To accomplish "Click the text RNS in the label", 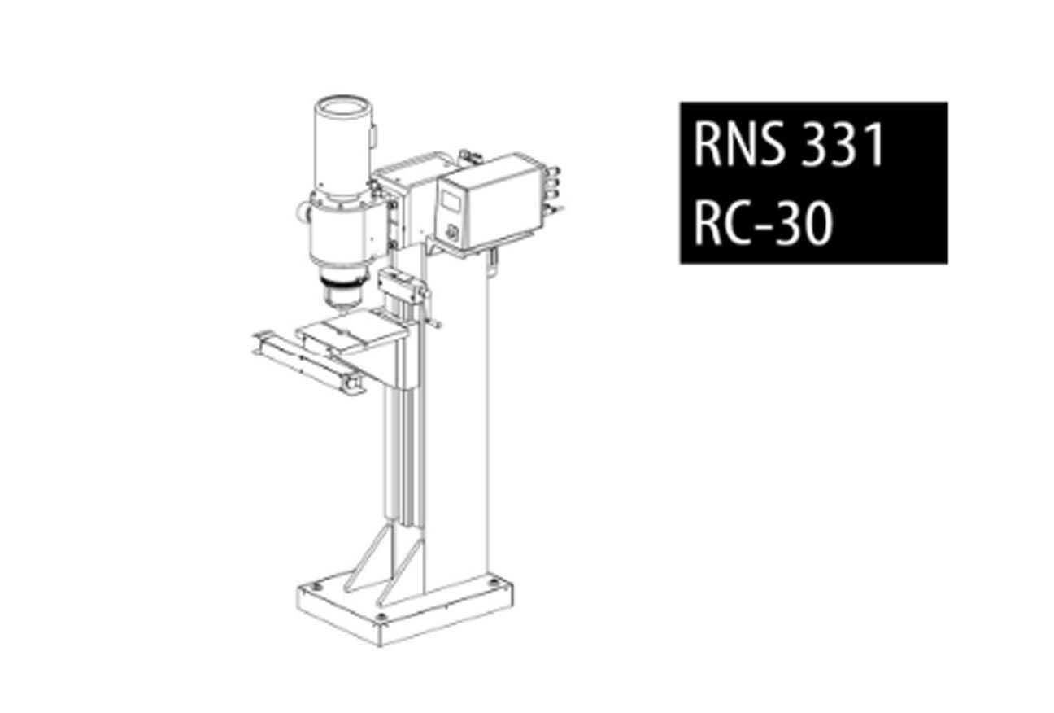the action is point(739,145).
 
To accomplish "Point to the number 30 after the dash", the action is point(804,223).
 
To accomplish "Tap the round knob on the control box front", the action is point(452,233).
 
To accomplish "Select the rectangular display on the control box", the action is point(451,201).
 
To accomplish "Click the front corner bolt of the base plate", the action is point(381,617).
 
